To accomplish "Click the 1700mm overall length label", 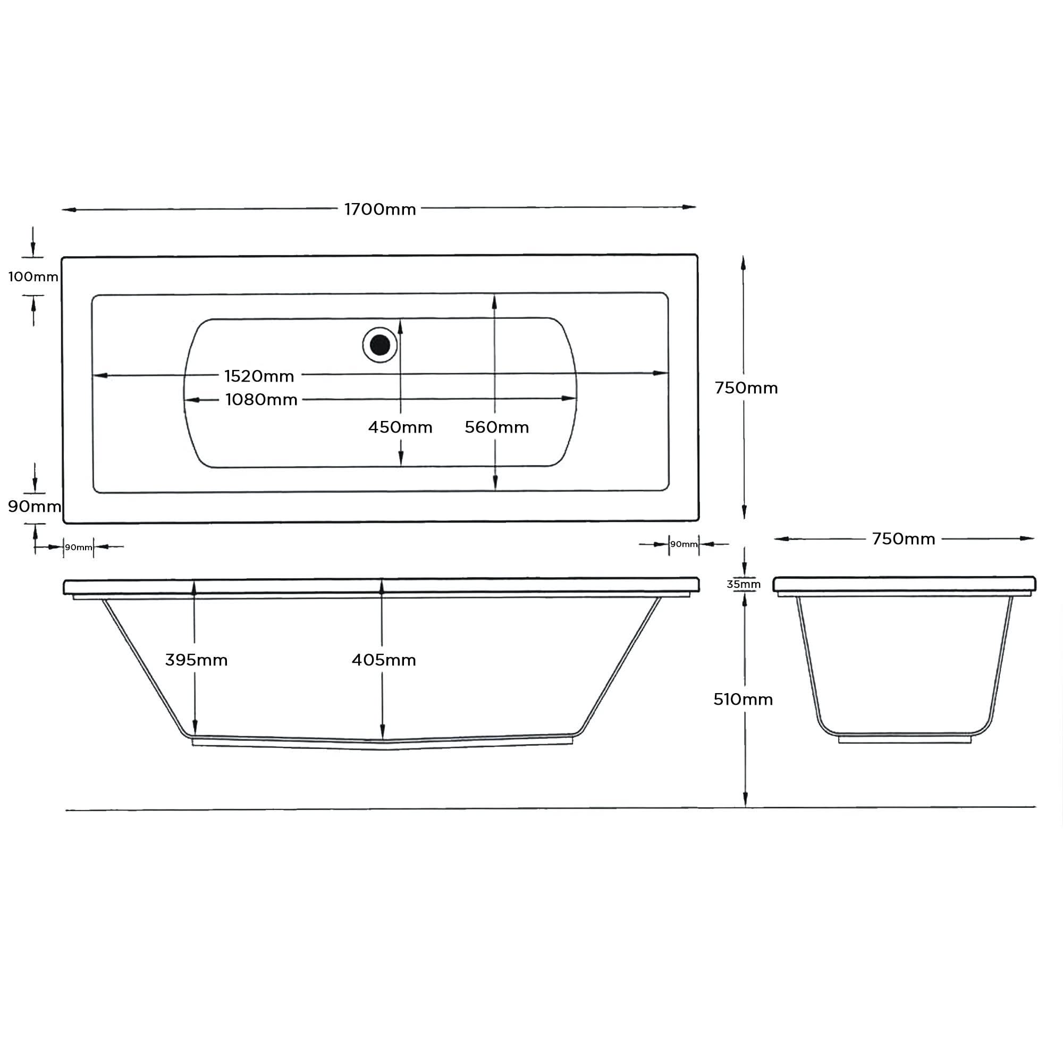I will (x=379, y=209).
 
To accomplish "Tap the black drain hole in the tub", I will (x=379, y=345).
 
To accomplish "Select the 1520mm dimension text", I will (x=259, y=376).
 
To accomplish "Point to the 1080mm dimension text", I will (x=261, y=400).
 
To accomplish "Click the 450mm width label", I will (x=400, y=427).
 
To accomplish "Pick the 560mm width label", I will (x=496, y=427).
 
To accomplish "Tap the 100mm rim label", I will (x=33, y=277).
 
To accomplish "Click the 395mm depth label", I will (x=197, y=660).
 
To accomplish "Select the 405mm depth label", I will (x=384, y=660).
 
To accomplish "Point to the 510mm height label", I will (x=743, y=699).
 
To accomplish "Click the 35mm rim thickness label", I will (x=744, y=584).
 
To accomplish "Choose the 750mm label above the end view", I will (x=904, y=538).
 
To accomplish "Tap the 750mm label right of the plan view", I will (x=746, y=388).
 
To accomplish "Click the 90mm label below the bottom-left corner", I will (x=79, y=547).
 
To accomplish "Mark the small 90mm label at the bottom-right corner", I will (x=684, y=544).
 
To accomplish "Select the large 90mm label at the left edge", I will (x=34, y=506).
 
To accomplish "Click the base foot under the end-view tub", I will (x=905, y=740).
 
